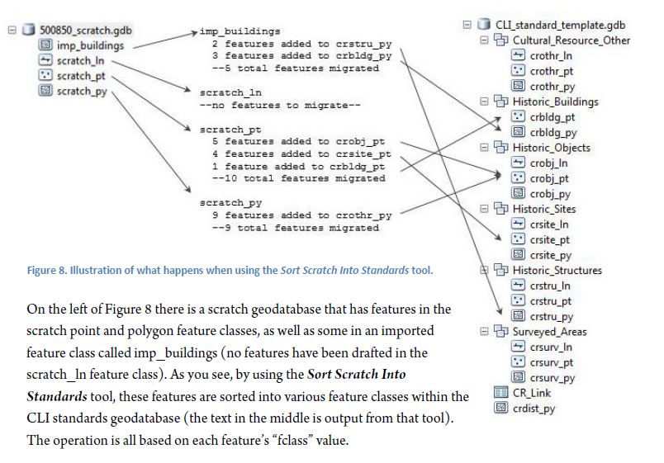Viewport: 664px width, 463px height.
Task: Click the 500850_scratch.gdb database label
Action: [x=86, y=30]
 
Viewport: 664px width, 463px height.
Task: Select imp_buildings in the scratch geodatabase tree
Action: [x=90, y=45]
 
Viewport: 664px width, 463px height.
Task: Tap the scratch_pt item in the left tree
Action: [x=81, y=76]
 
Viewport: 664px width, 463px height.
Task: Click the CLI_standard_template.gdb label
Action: [x=560, y=25]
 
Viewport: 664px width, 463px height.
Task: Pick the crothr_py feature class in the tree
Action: [x=553, y=87]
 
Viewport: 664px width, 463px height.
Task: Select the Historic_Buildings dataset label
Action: [x=555, y=102]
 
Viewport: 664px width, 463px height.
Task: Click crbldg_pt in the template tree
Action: [x=553, y=117]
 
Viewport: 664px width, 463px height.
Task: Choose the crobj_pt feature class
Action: [x=549, y=178]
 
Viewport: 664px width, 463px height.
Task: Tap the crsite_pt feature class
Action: [x=550, y=240]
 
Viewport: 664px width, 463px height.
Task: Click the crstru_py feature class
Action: [x=552, y=317]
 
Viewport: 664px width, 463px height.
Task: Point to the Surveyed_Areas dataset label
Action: [x=549, y=332]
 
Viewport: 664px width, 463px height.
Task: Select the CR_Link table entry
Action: [x=532, y=393]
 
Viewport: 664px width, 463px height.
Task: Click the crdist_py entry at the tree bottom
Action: [x=534, y=409]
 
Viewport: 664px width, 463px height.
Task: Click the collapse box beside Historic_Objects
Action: [x=484, y=147]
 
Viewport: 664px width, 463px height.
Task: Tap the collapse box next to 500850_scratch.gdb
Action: [x=12, y=30]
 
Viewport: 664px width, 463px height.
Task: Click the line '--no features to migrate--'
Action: [x=280, y=105]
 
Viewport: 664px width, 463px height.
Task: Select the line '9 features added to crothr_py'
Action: [x=302, y=215]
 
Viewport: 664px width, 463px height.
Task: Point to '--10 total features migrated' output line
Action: [x=298, y=178]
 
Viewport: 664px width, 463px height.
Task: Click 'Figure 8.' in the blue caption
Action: [x=46, y=270]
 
